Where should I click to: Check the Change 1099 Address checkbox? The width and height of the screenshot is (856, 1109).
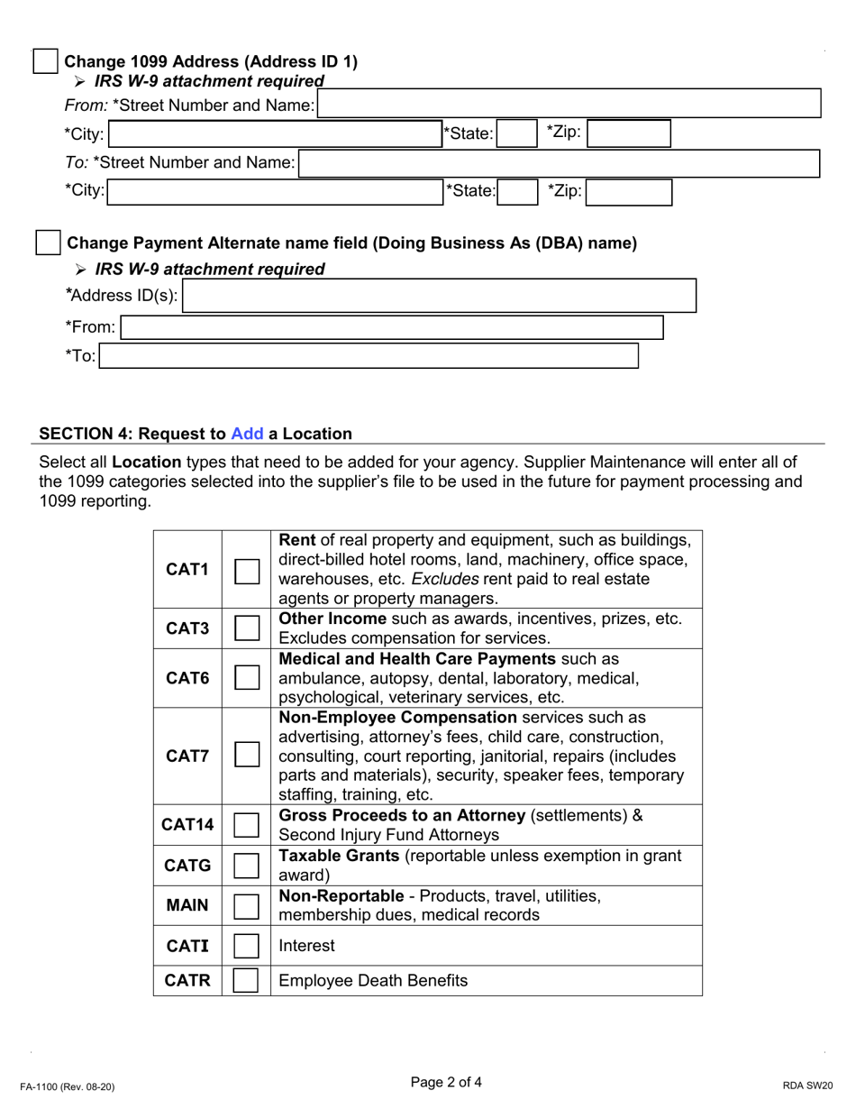[45, 62]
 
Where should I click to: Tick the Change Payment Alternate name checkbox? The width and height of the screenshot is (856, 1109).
[47, 243]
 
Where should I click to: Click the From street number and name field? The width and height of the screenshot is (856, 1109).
[569, 104]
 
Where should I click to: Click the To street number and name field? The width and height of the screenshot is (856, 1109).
[559, 163]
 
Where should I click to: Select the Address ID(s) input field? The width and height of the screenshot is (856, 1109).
[439, 296]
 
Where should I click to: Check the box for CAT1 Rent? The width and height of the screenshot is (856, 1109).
[247, 570]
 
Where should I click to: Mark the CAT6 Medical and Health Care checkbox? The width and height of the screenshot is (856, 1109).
[247, 677]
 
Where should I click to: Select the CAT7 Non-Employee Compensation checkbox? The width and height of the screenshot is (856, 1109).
[247, 755]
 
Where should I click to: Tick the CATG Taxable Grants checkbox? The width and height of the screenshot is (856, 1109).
[247, 866]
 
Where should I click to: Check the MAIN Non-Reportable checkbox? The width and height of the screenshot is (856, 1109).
[247, 905]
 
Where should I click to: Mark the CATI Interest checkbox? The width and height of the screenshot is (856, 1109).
[247, 946]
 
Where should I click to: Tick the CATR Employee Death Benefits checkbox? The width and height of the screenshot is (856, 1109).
[247, 981]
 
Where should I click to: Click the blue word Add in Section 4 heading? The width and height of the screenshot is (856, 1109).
[247, 434]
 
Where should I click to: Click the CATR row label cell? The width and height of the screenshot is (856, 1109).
[187, 981]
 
